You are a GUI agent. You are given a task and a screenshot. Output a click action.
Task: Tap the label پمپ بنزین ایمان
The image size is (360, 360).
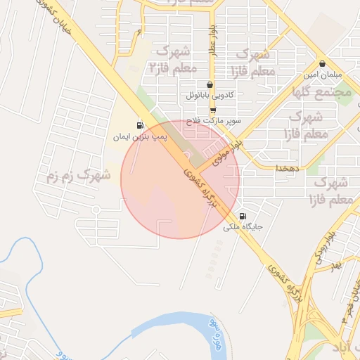tap(140, 137)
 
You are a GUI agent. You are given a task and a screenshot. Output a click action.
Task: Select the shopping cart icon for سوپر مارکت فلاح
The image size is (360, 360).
tap(213, 110)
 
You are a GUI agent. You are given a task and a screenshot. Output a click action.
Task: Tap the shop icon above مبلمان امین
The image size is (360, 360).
tap(321, 63)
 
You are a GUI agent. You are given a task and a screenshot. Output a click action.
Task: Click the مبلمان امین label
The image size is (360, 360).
tap(323, 75)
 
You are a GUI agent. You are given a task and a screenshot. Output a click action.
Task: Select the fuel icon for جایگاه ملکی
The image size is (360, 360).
tap(243, 217)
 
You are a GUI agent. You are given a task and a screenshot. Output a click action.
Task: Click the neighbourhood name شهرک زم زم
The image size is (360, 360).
tap(78, 175)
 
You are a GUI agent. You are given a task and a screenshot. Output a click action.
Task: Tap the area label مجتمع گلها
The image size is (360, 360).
tap(323, 91)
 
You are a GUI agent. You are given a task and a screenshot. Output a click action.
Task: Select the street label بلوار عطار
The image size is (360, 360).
tap(211, 40)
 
